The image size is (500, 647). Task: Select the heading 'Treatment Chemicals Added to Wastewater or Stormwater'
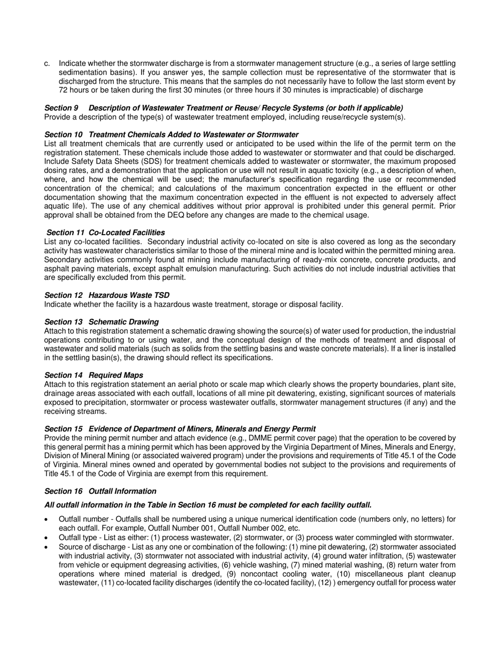(x=193, y=135)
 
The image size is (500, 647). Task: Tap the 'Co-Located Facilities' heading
(x=126, y=232)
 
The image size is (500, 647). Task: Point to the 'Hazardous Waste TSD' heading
(x=128, y=295)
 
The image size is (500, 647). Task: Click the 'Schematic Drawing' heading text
(x=123, y=322)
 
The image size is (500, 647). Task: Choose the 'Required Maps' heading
(x=115, y=375)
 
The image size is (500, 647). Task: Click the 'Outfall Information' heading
(x=122, y=491)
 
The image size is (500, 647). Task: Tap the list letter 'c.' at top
(x=47, y=64)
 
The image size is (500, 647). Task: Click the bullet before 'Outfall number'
(x=47, y=520)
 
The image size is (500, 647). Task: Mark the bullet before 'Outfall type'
(x=47, y=538)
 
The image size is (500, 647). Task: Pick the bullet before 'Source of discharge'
(x=47, y=547)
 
